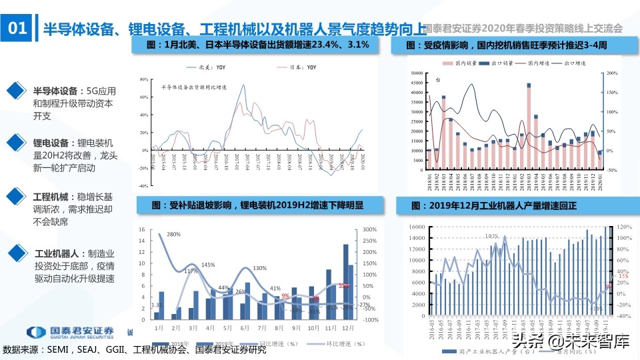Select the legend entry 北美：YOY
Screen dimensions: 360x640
pos(214,68)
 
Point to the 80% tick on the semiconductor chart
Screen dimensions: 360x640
pos(143,79)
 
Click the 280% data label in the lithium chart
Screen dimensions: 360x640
pos(174,235)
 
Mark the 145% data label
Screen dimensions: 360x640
pos(207,265)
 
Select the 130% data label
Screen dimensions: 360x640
pos(260,269)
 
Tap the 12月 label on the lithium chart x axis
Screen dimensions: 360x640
pos(347,329)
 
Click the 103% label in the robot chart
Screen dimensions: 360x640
pos(491,236)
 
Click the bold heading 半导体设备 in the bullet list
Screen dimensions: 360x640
pos(55,91)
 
